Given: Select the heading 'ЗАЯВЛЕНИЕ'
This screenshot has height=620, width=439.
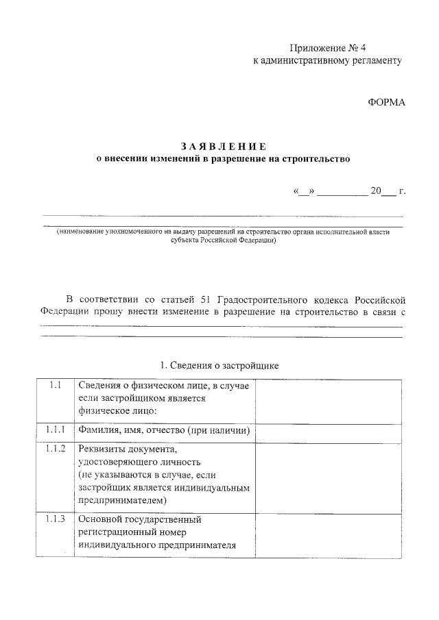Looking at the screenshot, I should tap(222, 146).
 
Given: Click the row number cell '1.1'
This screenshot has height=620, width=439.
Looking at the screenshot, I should tap(55, 385).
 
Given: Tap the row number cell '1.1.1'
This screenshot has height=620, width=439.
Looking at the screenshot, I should tap(55, 430).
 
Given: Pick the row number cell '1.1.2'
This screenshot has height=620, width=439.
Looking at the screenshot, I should tap(55, 449).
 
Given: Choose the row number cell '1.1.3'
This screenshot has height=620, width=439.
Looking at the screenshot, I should tap(55, 519).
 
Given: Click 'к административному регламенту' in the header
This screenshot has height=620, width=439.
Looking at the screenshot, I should tap(327, 60).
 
